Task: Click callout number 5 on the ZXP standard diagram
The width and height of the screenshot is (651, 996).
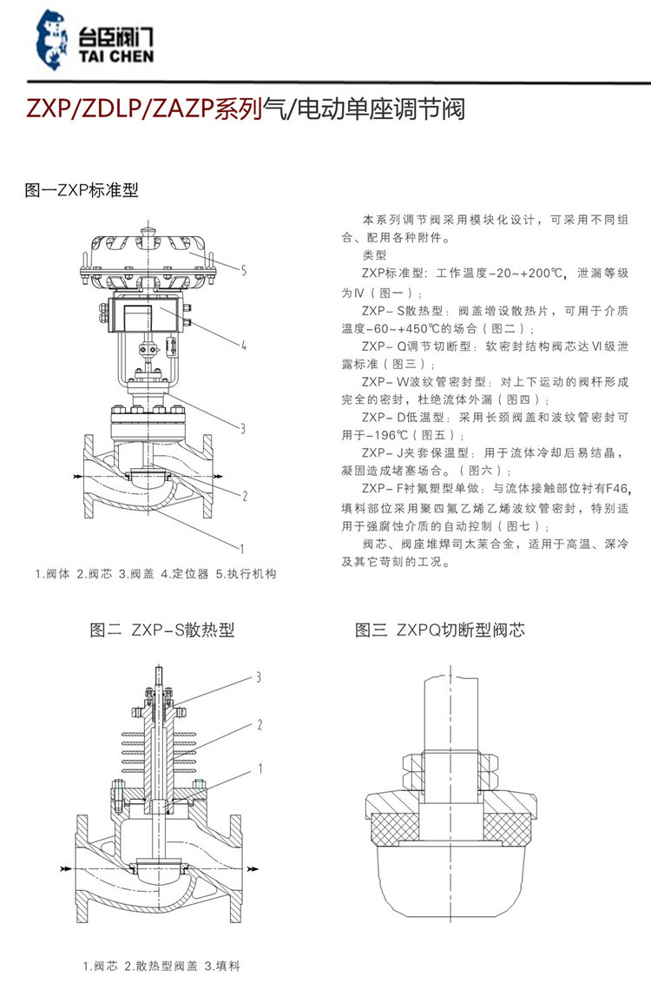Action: [x=244, y=271]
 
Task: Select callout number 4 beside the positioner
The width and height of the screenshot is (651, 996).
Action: [x=244, y=345]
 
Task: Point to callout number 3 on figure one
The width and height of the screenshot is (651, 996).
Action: [x=244, y=426]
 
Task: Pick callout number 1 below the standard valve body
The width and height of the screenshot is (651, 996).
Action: [x=244, y=548]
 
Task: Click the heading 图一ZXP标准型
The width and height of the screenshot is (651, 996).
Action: [x=82, y=190]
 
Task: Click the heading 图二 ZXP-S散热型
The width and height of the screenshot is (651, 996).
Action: [x=162, y=630]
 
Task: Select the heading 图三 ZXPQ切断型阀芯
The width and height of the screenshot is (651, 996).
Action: [x=440, y=630]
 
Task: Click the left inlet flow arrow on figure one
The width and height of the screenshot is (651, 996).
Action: [x=79, y=478]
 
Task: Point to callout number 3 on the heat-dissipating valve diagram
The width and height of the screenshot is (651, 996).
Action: [x=258, y=676]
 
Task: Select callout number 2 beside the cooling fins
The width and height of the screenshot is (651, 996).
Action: [x=258, y=723]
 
